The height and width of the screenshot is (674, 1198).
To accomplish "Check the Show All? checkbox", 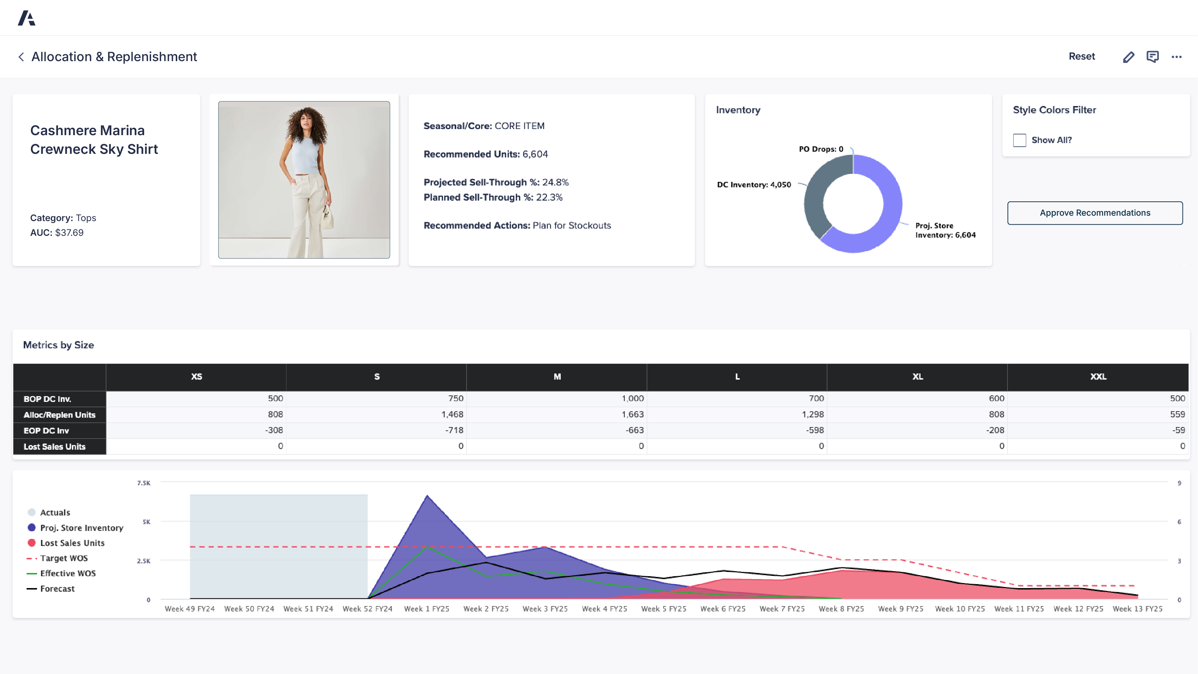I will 1019,140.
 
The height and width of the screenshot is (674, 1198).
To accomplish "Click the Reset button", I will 1081,56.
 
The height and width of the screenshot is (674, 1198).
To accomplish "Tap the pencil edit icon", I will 1128,57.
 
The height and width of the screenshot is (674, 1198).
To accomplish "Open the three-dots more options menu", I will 1176,57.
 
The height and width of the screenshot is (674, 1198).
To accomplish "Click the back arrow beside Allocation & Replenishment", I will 21,57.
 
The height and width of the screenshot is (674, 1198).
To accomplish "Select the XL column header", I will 917,377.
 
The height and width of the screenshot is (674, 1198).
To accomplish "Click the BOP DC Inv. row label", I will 47,399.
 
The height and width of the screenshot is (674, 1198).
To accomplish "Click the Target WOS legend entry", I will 64,558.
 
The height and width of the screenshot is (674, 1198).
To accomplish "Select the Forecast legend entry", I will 57,589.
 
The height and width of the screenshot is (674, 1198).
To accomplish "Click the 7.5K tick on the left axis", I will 144,483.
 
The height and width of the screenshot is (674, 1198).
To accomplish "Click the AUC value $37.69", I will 69,233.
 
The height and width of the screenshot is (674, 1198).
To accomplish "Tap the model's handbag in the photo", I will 328,218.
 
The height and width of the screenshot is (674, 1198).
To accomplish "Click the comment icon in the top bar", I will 1152,57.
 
